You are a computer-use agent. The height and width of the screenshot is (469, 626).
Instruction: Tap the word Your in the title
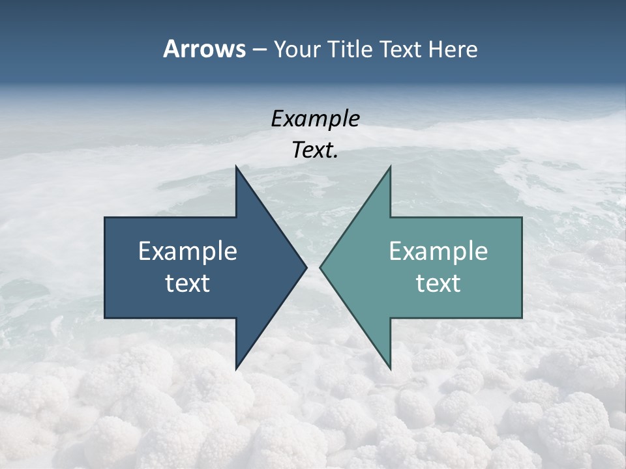(x=297, y=50)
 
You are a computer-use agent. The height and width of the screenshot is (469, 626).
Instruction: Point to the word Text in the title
(x=402, y=49)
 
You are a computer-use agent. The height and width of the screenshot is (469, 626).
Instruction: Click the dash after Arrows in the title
(x=260, y=50)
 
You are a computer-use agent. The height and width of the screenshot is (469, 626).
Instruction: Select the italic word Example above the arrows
(x=315, y=119)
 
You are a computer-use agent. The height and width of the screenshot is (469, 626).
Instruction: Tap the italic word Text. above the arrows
(x=315, y=150)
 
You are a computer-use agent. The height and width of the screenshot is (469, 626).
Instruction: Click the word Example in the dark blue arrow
(x=188, y=251)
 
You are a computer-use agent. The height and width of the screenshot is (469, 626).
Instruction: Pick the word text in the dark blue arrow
(x=188, y=283)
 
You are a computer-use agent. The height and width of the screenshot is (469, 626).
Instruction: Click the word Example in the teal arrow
(x=438, y=251)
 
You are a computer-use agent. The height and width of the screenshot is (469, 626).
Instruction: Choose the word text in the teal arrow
(x=438, y=283)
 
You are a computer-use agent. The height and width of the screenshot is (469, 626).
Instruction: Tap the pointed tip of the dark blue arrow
(x=306, y=266)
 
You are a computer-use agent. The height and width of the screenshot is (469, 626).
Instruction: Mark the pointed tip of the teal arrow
(x=321, y=266)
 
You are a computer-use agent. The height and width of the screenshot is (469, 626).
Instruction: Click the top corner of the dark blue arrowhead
(x=236, y=167)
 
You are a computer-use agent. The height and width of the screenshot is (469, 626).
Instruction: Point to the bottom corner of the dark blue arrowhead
(x=236, y=369)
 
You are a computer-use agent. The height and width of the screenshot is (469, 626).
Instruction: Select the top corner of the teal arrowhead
(x=390, y=167)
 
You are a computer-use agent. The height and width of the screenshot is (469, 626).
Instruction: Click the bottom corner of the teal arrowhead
(x=390, y=369)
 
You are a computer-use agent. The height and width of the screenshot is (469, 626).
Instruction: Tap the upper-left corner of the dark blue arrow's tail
(x=105, y=218)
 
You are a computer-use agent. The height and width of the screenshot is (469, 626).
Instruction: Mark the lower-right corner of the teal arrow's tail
(x=522, y=317)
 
